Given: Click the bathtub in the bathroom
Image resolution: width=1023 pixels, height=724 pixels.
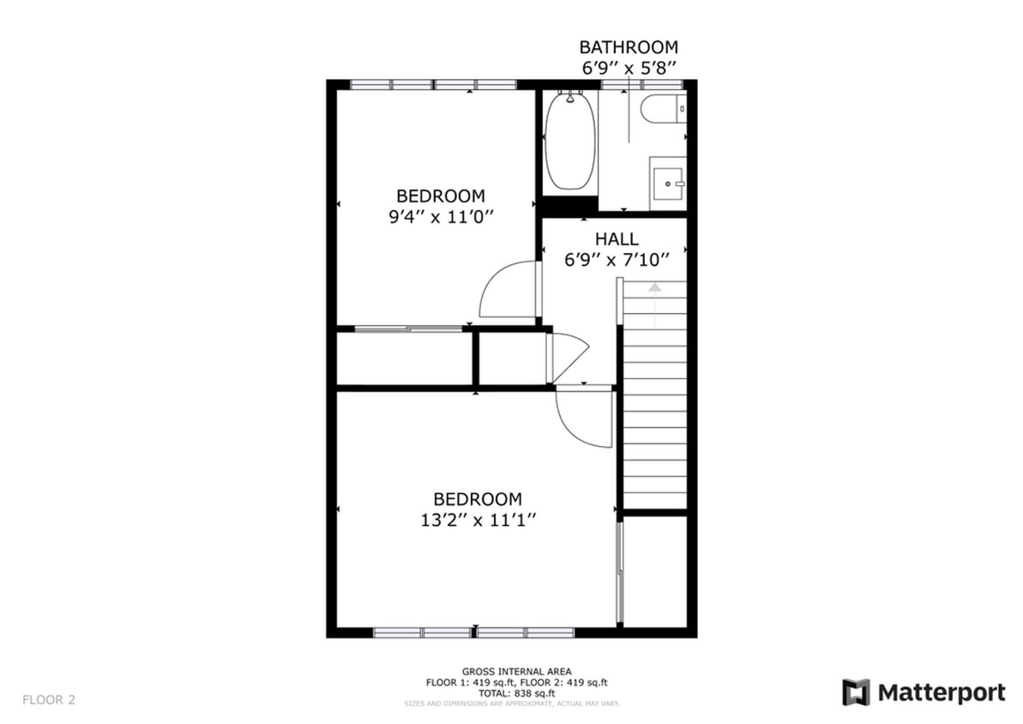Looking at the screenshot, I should [569, 142].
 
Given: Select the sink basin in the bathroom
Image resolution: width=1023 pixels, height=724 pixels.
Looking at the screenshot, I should [668, 183].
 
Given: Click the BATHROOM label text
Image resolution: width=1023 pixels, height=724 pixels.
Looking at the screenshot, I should [628, 47].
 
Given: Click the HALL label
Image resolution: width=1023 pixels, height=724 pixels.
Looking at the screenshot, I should [616, 239].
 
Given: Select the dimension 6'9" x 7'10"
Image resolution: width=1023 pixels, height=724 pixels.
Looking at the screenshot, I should [616, 259].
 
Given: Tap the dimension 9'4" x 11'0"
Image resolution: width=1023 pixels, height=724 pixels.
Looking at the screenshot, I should [440, 217].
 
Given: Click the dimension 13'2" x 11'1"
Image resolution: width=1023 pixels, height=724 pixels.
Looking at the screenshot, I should [477, 519].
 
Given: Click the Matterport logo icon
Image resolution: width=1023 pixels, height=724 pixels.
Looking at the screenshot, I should [855, 692].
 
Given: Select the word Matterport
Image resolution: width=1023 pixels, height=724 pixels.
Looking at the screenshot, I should [941, 692].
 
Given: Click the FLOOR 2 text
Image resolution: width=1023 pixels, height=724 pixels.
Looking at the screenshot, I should [49, 700].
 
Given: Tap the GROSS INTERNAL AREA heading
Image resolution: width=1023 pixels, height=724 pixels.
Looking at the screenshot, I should [516, 672].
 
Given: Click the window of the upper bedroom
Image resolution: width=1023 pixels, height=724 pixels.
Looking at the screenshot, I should [434, 84].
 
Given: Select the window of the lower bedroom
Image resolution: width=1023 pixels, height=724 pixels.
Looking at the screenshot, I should [473, 633].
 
